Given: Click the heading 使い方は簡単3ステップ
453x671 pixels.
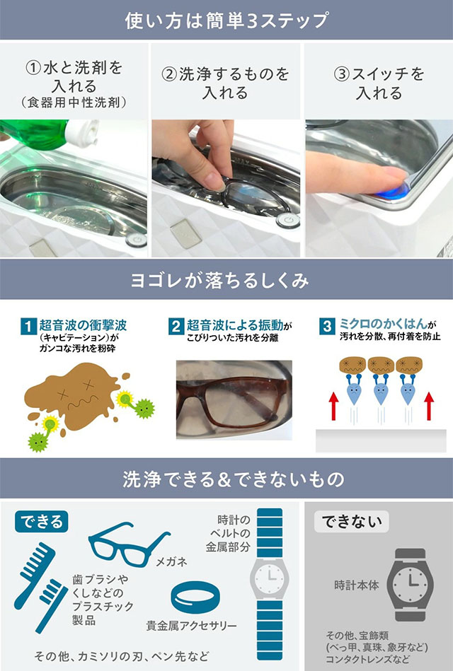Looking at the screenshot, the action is [226, 20].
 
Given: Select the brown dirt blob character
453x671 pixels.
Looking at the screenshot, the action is [72, 396].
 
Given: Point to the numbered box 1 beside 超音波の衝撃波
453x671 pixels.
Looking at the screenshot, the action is [28, 327].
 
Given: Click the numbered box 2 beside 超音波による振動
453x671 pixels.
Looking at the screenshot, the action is [176, 327].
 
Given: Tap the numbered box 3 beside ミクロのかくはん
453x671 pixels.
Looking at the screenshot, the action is [327, 327].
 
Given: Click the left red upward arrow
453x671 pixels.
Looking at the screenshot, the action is [334, 406].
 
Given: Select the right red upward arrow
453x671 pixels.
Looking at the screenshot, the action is [429, 406].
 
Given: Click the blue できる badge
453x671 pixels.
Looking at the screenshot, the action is [42, 522].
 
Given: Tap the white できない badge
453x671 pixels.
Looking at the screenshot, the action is [351, 522].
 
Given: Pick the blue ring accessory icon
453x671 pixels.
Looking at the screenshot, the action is [195, 597].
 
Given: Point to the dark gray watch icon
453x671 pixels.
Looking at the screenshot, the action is [410, 585].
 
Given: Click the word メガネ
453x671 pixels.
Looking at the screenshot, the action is [171, 561].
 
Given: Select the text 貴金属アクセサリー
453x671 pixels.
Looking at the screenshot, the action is [191, 626].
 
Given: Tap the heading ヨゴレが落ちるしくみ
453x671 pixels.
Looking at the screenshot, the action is [220, 281].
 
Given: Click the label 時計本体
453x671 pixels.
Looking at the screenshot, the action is [357, 585].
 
